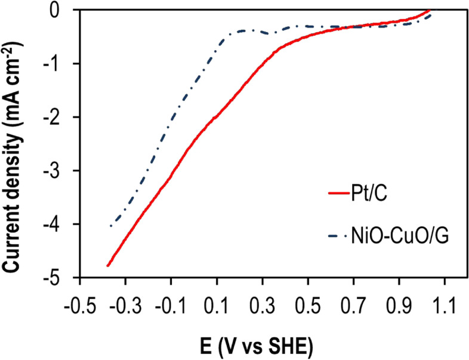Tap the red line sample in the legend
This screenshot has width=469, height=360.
341,193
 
